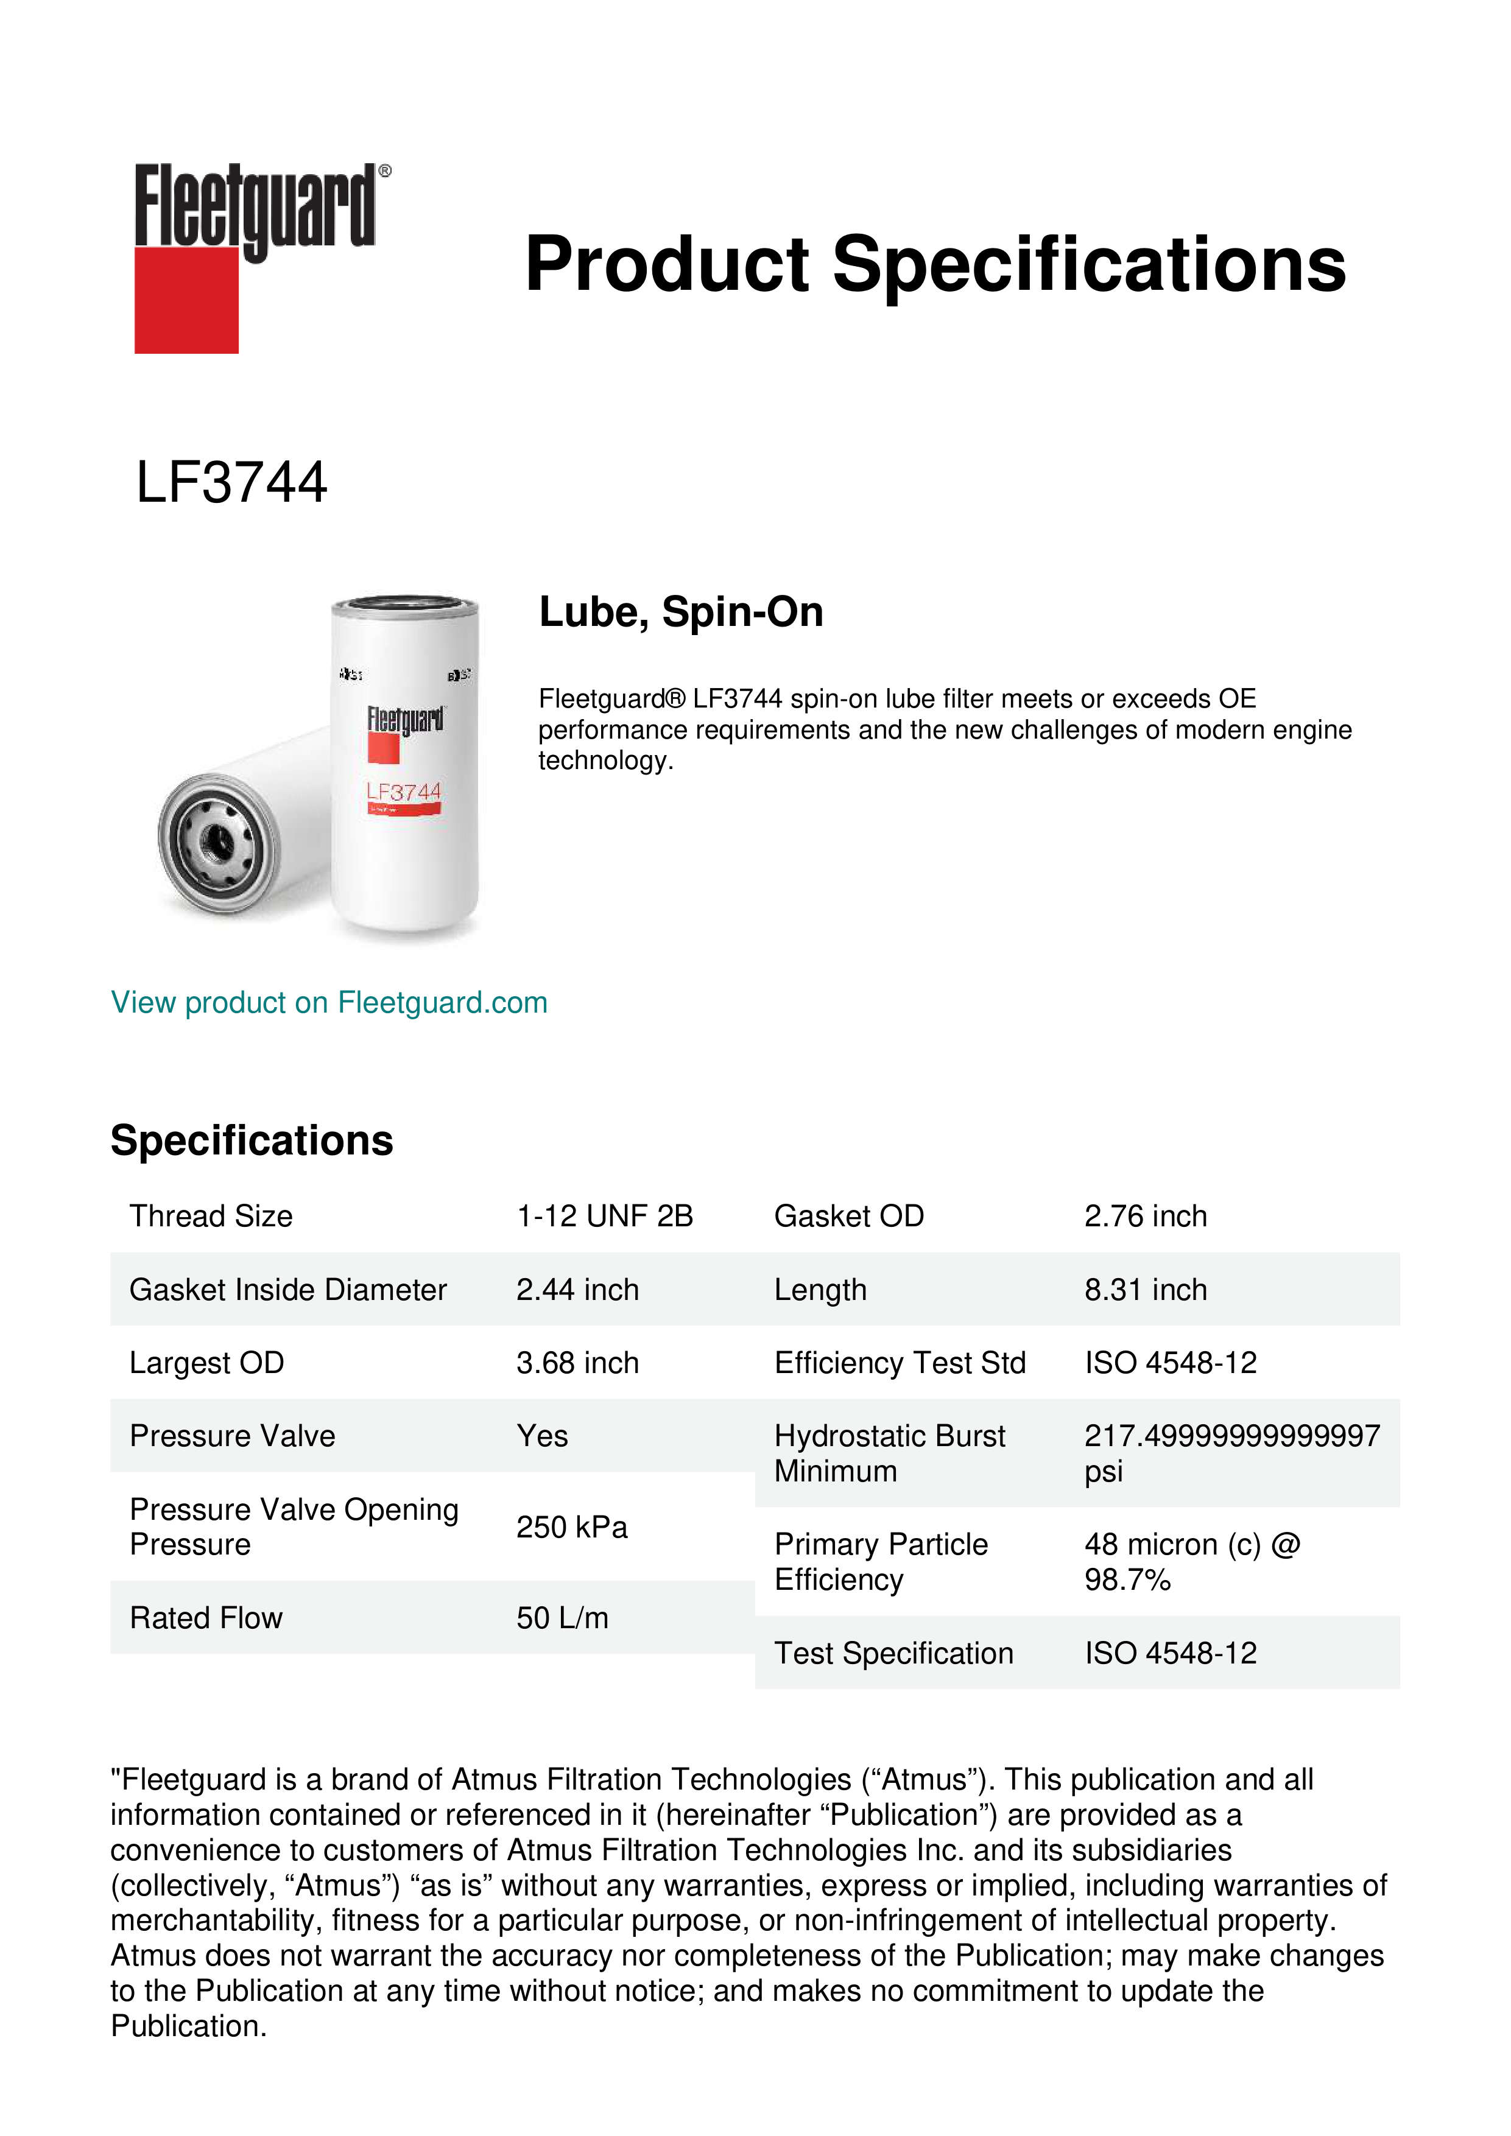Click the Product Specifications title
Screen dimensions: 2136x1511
pyautogui.click(x=935, y=264)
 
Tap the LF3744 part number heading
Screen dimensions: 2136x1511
pyautogui.click(x=231, y=483)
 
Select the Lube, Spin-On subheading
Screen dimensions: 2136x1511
pyautogui.click(x=681, y=612)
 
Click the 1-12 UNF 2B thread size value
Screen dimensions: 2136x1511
pyautogui.click(x=605, y=1216)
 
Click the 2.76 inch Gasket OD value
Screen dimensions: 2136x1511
pyautogui.click(x=1146, y=1216)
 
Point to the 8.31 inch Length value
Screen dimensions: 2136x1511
pyautogui.click(x=1146, y=1290)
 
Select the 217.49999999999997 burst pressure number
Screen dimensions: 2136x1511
pyautogui.click(x=1232, y=1436)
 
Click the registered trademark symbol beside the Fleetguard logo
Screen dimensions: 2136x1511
pyautogui.click(x=385, y=171)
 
